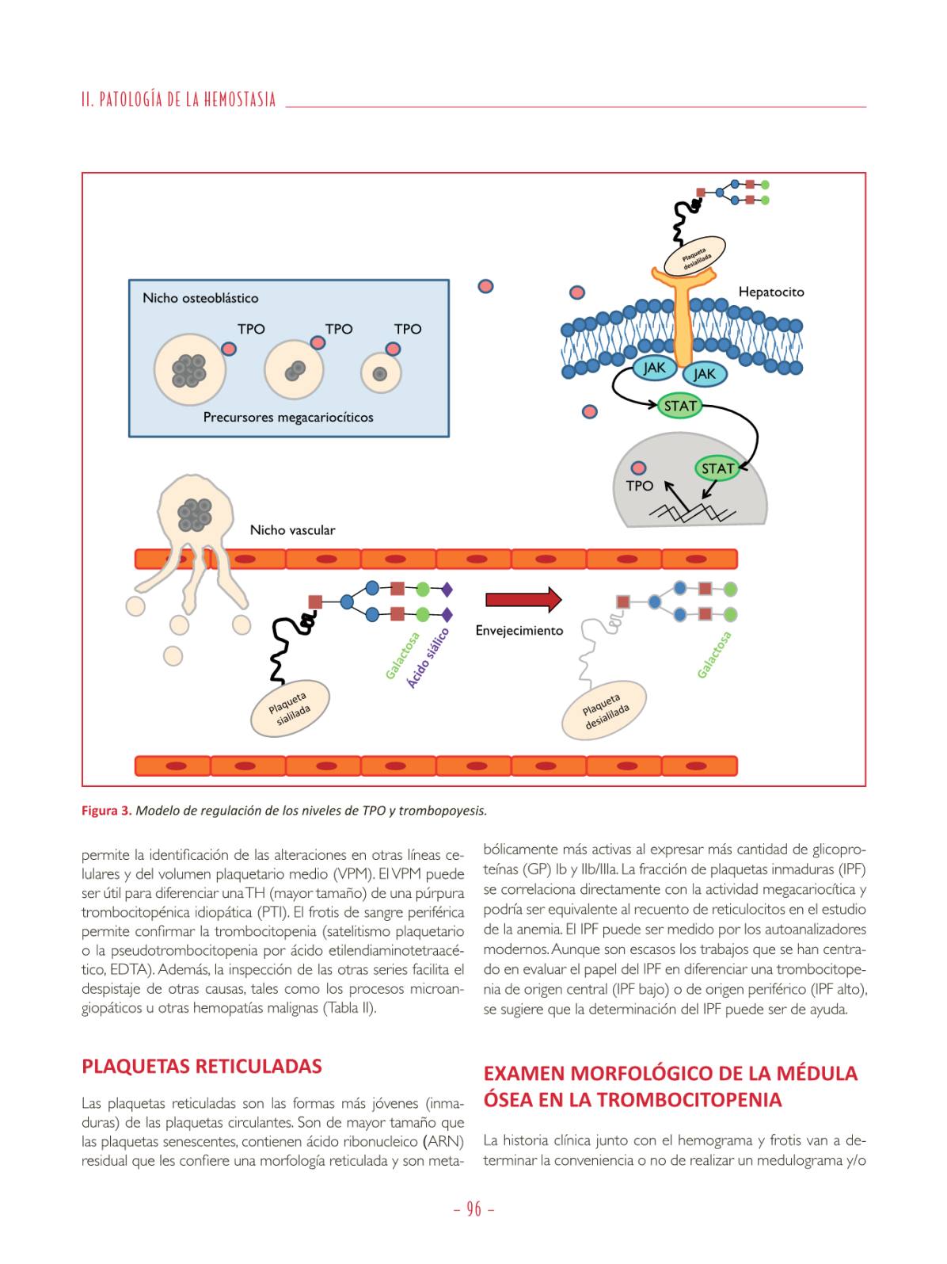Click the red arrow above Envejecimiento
click(x=523, y=600)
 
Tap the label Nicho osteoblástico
click(x=200, y=298)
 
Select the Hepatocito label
click(x=770, y=292)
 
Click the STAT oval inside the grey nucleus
click(x=717, y=468)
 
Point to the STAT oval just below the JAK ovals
click(x=680, y=407)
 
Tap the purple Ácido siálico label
click(x=428, y=658)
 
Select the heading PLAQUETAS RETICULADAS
click(x=202, y=1066)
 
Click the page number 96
click(x=473, y=1209)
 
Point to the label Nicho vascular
click(x=292, y=530)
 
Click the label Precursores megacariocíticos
click(x=288, y=417)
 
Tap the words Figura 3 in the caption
click(x=106, y=811)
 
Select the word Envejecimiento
click(x=519, y=631)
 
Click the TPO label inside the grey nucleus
click(x=640, y=485)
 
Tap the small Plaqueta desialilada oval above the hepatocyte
click(x=694, y=256)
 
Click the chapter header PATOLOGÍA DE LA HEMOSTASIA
click(x=179, y=100)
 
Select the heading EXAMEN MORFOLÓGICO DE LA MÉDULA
click(x=670, y=1073)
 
